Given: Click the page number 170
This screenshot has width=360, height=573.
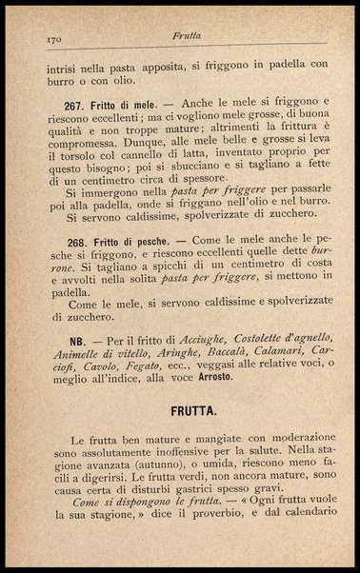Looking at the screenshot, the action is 55,39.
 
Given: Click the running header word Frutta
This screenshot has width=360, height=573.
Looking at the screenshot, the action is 187,38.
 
